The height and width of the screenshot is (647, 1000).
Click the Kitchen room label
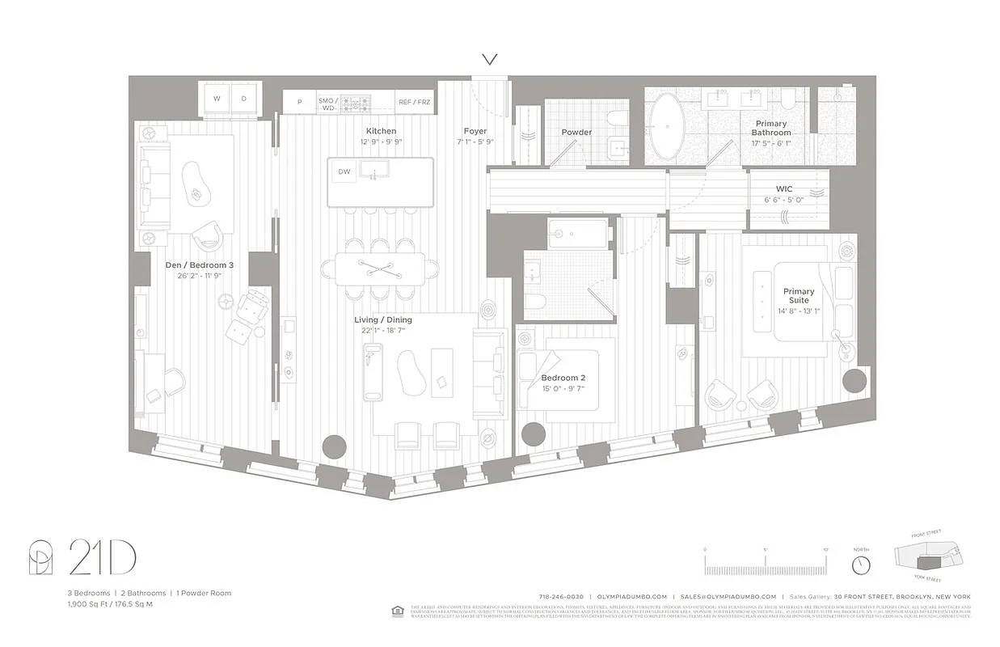pos(381,131)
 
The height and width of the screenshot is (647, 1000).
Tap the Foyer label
pos(475,131)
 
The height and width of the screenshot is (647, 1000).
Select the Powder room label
pos(576,132)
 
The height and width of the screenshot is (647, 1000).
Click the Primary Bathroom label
pos(770,128)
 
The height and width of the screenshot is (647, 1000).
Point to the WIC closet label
pos(783,189)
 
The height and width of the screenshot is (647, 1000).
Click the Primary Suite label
pos(798,295)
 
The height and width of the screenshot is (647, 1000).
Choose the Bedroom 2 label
pos(563,378)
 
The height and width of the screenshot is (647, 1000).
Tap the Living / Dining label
pos(383,319)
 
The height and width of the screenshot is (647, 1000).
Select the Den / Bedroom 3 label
pos(199,264)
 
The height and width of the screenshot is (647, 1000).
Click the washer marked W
pos(217,99)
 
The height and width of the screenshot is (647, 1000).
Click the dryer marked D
pos(243,99)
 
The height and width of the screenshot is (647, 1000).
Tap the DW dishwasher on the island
pos(344,171)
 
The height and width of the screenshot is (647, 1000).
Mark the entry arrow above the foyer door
pos(489,59)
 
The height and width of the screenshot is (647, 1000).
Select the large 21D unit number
pos(102,557)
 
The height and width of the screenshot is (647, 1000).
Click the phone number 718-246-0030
pos(560,596)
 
